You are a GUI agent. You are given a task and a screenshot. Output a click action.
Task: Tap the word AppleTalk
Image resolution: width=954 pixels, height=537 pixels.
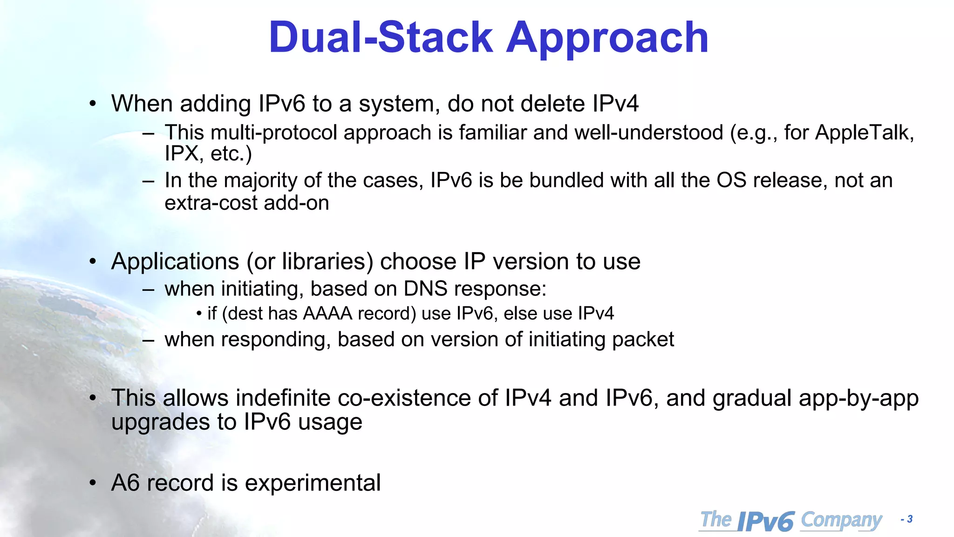point(864,133)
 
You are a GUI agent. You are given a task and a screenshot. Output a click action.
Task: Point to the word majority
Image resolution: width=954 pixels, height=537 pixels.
point(260,181)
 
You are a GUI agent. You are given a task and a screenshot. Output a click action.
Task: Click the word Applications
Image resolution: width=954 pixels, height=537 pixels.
point(175,262)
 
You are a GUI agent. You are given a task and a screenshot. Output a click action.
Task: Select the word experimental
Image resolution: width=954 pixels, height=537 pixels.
point(313,483)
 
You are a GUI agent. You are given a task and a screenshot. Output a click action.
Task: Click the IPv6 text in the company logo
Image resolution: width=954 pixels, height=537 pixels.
point(766,521)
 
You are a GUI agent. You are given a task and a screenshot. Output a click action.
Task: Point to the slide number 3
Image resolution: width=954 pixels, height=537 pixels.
point(910,519)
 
